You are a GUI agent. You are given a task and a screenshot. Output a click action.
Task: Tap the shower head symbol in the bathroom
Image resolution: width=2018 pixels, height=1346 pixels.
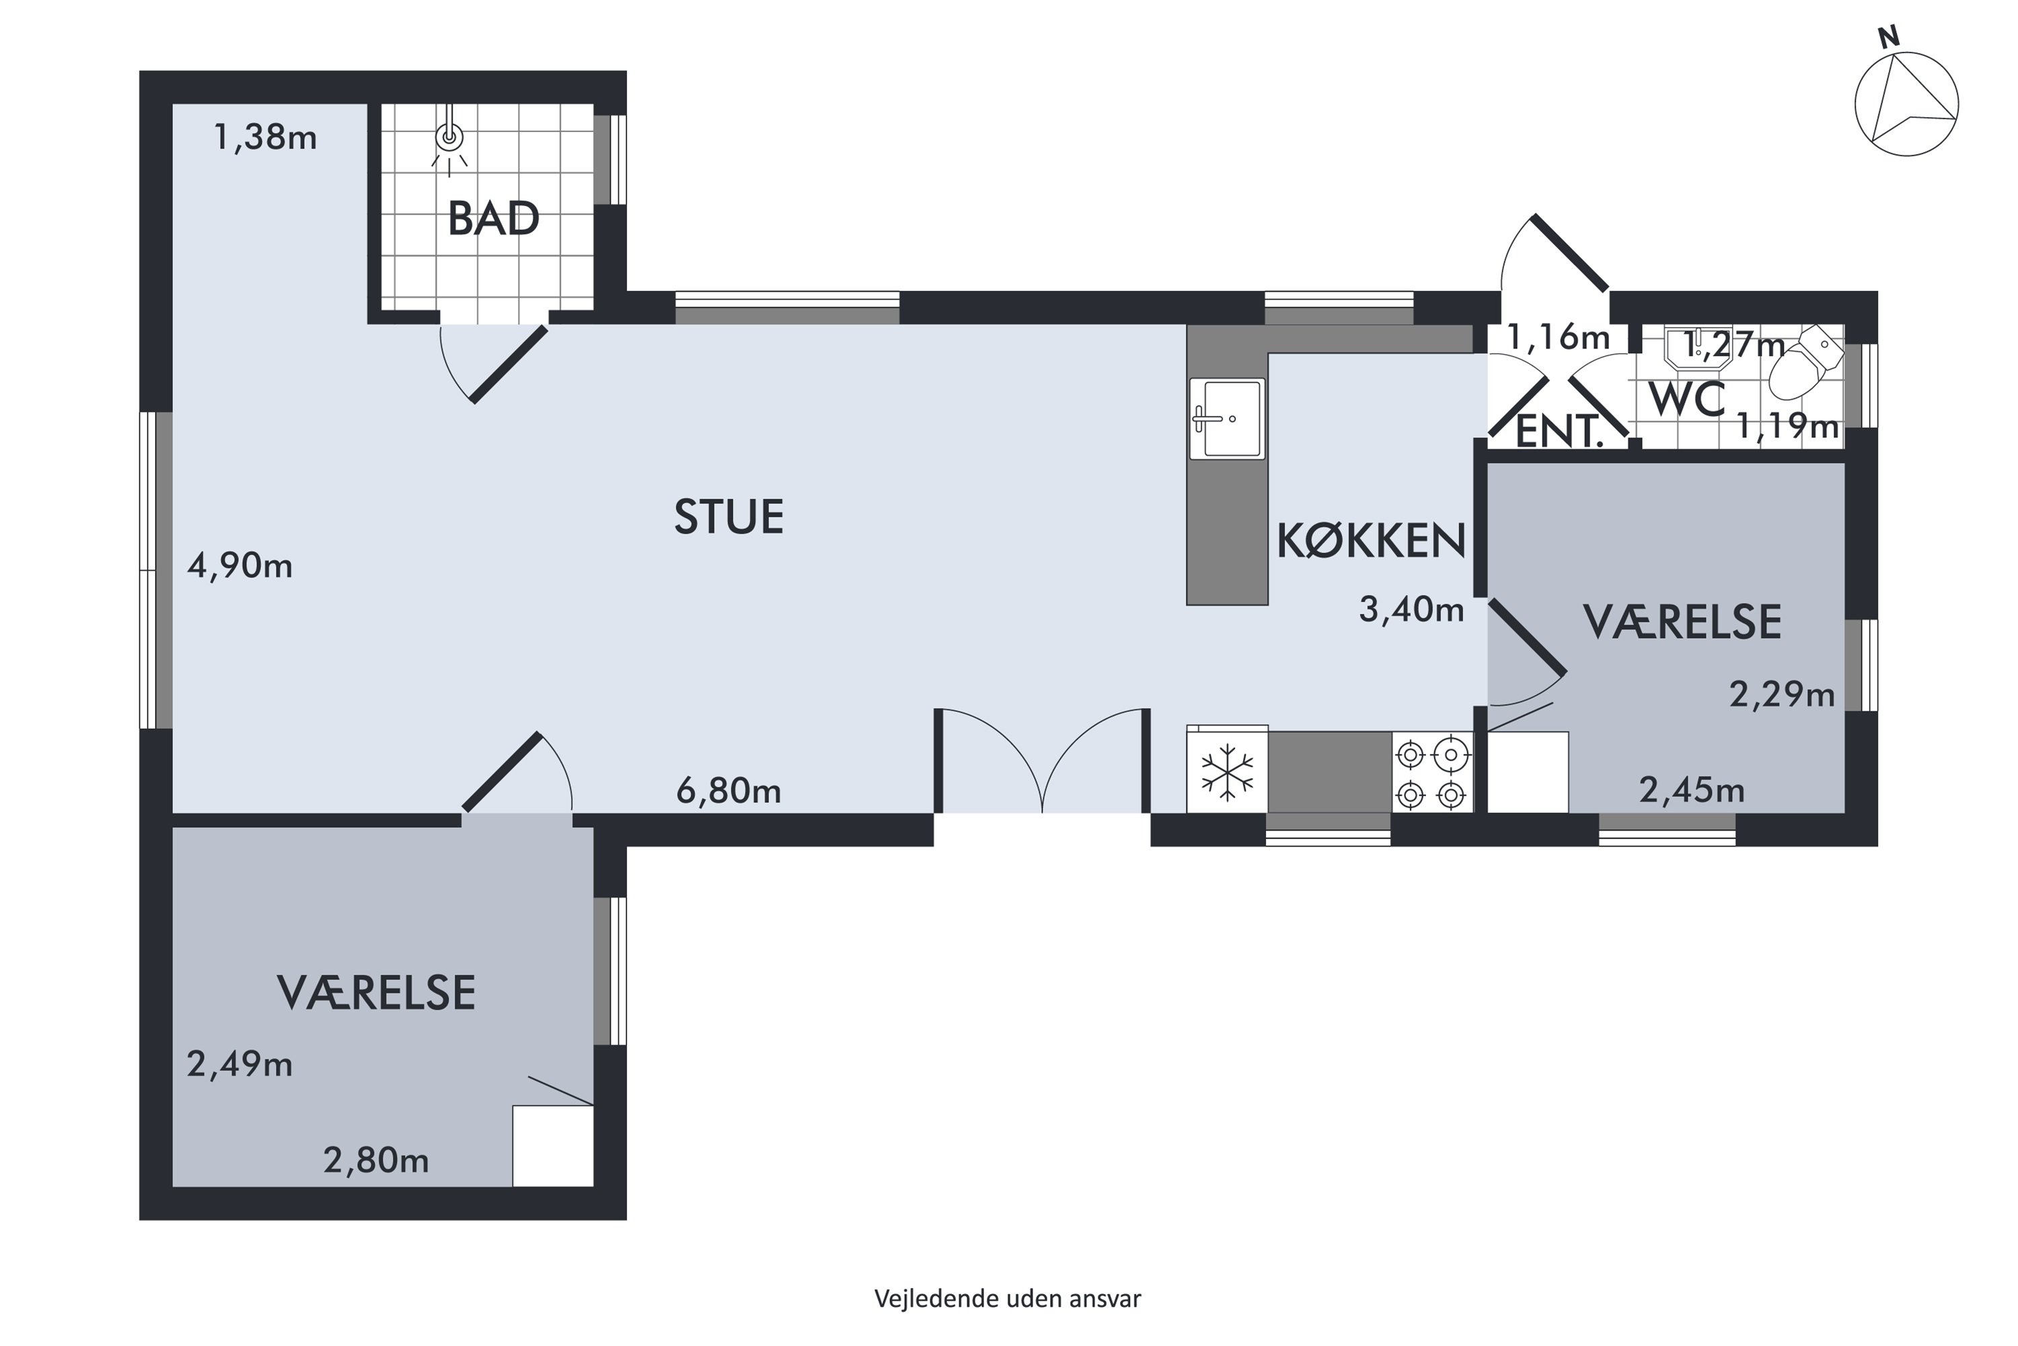[449, 137]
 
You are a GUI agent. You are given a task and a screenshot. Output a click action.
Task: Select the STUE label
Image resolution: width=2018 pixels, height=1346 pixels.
[728, 517]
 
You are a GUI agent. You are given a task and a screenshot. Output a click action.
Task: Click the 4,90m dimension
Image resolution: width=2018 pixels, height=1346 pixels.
[239, 566]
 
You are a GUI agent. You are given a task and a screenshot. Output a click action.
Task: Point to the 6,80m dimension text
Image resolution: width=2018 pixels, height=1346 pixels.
[728, 791]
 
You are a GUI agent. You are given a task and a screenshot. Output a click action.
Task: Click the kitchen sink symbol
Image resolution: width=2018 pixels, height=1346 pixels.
[1227, 418]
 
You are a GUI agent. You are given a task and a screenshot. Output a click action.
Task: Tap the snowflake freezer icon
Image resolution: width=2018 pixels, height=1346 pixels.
[1227, 771]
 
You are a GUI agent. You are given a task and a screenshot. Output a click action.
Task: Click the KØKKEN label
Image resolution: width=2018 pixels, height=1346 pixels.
[1371, 541]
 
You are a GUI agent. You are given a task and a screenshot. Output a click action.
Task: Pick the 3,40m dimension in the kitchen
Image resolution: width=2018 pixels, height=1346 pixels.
[1411, 610]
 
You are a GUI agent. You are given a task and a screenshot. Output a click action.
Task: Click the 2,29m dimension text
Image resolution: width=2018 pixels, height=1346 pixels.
[1781, 694]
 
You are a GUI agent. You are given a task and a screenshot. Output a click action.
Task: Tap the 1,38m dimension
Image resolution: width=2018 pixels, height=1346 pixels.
[265, 137]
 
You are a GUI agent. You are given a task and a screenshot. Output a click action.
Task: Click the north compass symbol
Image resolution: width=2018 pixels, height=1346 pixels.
[1906, 103]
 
